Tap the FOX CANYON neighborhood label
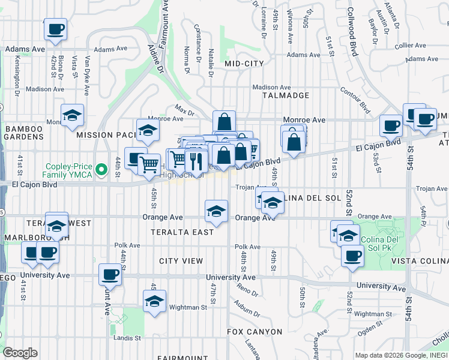coord(255,332)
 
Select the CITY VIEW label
coord(181,261)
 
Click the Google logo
coord(20,353)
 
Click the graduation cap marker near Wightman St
coord(154,301)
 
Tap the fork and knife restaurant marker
coord(196,160)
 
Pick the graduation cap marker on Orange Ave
coord(217,211)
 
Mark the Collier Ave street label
coord(411,45)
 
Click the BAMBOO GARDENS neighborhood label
coord(24,133)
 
